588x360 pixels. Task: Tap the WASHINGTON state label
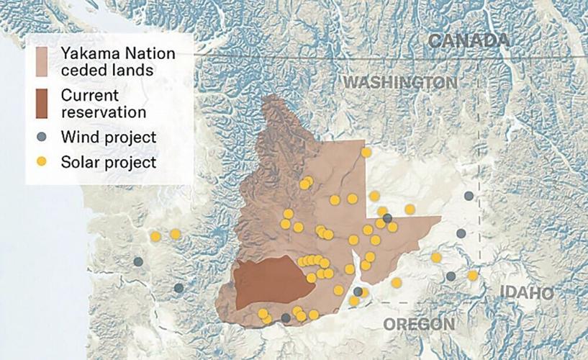click(x=399, y=82)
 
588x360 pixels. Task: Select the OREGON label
click(x=419, y=325)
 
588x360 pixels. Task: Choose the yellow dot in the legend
click(x=43, y=162)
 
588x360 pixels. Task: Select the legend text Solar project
click(x=108, y=162)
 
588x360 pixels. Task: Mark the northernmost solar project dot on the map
click(x=366, y=152)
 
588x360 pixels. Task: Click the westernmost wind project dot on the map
click(x=138, y=262)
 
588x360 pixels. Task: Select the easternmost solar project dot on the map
click(x=472, y=275)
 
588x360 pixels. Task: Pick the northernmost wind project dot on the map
click(x=469, y=196)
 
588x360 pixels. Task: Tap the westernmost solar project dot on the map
click(x=155, y=236)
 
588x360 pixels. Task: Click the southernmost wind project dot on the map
click(x=286, y=318)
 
